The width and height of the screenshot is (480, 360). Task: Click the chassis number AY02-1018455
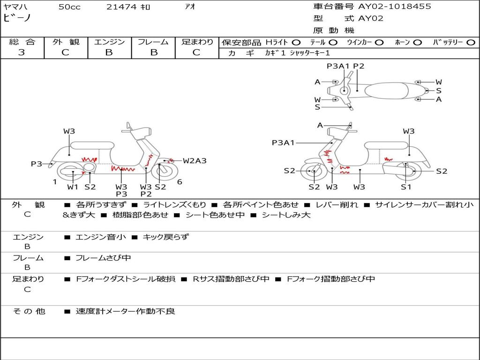click(x=394, y=7)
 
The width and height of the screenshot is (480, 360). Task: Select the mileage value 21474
click(x=121, y=7)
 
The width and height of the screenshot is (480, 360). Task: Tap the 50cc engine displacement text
click(x=69, y=7)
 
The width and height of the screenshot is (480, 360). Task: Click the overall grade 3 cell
click(x=22, y=52)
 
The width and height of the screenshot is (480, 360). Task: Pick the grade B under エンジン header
click(x=109, y=52)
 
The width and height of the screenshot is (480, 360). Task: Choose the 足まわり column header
click(x=197, y=42)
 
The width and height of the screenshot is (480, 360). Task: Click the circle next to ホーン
click(x=418, y=43)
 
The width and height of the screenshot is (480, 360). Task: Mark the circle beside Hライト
click(x=296, y=43)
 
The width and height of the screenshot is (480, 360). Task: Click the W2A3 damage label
click(x=195, y=161)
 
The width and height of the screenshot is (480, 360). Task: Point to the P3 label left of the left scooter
click(x=37, y=164)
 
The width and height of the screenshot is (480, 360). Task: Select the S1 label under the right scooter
click(x=405, y=187)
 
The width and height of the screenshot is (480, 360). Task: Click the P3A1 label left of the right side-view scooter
click(x=283, y=142)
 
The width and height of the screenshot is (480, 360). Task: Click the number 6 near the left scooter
click(x=180, y=182)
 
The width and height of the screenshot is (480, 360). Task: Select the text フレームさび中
click(x=103, y=258)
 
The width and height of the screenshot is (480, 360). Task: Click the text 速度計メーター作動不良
click(x=125, y=311)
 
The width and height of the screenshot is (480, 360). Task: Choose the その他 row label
click(x=28, y=311)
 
